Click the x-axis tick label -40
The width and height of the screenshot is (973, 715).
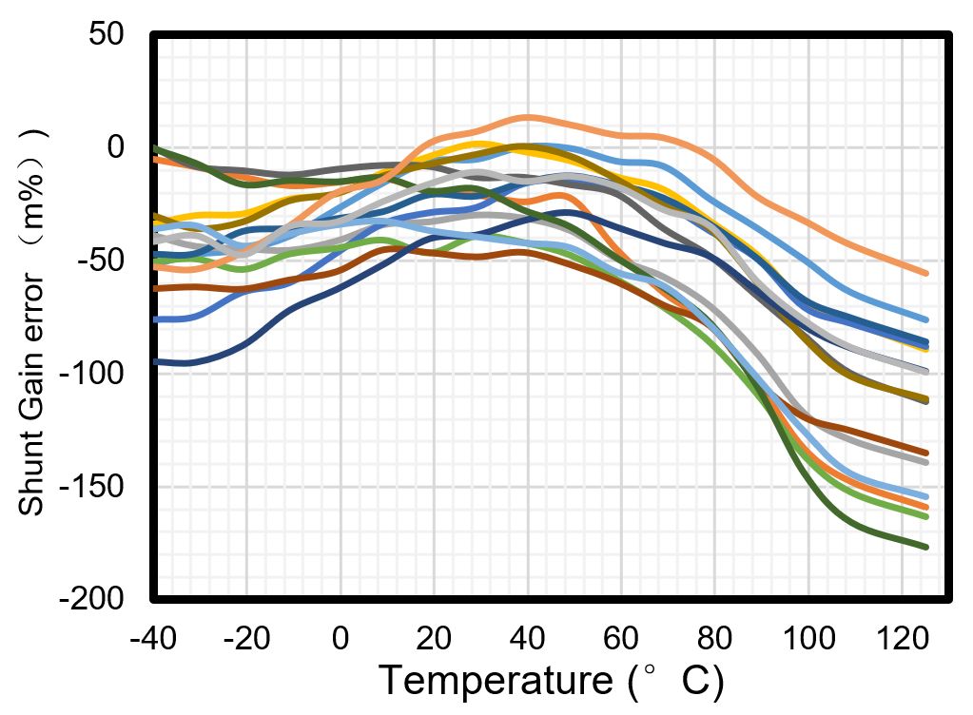click(x=153, y=637)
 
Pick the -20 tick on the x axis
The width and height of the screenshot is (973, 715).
click(x=246, y=637)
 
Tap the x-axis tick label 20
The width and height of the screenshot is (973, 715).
click(x=434, y=637)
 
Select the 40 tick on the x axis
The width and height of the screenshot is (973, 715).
click(x=527, y=637)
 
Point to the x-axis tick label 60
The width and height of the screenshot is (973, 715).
click(x=621, y=637)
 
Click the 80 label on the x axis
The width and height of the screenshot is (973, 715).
click(x=714, y=637)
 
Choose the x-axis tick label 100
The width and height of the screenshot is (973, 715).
click(x=808, y=637)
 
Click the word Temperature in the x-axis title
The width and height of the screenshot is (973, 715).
click(x=495, y=681)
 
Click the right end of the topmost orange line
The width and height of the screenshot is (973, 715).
click(x=925, y=273)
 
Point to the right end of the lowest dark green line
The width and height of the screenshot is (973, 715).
click(x=925, y=547)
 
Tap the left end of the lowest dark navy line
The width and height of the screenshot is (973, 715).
click(x=155, y=361)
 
